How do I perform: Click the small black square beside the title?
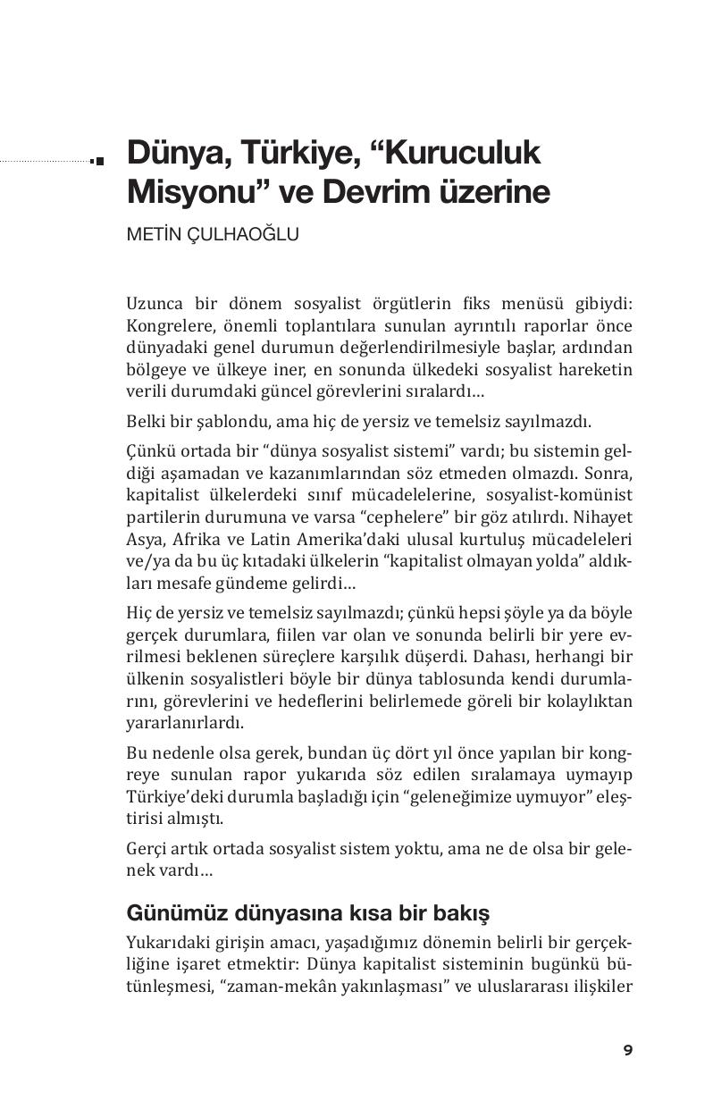98,161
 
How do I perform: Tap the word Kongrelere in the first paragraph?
166,326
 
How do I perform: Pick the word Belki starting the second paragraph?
144,421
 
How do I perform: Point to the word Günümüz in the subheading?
166,914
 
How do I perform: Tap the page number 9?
628,1050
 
